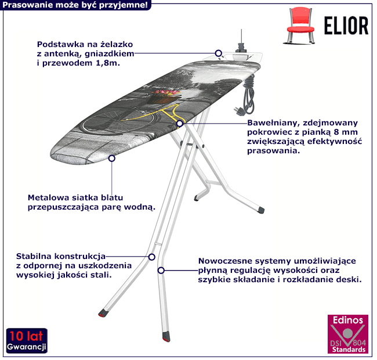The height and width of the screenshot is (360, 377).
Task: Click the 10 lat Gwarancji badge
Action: pyautogui.click(x=27, y=341)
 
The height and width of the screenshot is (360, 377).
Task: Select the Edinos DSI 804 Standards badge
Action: pyautogui.click(x=347, y=336)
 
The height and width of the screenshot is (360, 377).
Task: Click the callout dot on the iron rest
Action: pyautogui.click(x=219, y=53)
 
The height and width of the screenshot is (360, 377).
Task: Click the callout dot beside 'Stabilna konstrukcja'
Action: pyautogui.click(x=151, y=256)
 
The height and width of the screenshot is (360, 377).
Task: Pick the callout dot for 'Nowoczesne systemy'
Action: pyautogui.click(x=161, y=270)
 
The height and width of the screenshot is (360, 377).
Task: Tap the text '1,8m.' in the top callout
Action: pyautogui.click(x=107, y=62)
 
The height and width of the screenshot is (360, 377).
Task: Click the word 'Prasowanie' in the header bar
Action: pyautogui.click(x=25, y=5)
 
